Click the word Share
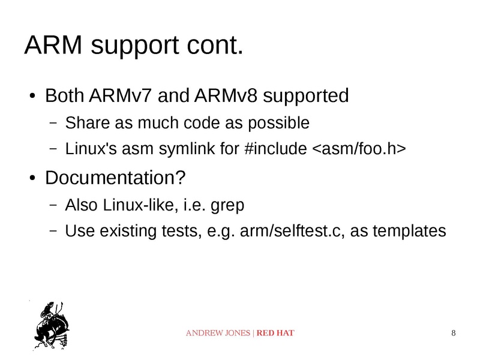(x=85, y=124)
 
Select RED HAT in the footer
(x=275, y=333)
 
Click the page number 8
(x=453, y=333)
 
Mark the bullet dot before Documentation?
(x=33, y=178)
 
